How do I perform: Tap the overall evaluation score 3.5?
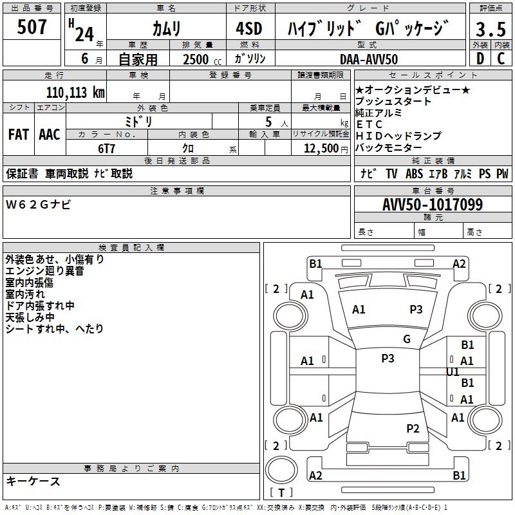click(x=489, y=30)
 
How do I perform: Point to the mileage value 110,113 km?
click(x=75, y=93)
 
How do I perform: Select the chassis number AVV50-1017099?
click(x=433, y=205)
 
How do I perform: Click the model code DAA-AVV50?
click(x=369, y=59)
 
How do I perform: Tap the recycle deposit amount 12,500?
click(x=319, y=148)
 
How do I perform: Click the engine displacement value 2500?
click(x=196, y=59)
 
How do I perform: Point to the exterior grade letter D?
click(x=479, y=59)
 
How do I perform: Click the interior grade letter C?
click(x=501, y=59)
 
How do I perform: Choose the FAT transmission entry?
click(x=19, y=135)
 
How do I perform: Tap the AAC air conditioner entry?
click(x=50, y=135)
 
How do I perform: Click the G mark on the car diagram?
click(x=407, y=339)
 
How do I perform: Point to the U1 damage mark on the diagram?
click(x=453, y=371)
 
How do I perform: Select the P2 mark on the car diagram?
click(x=413, y=429)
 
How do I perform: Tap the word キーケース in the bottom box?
click(x=33, y=481)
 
